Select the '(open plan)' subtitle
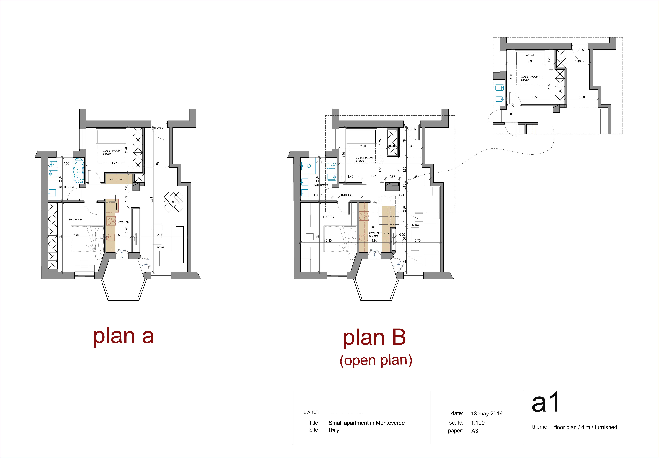pos(376,360)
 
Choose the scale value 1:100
pos(478,423)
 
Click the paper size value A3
pos(475,431)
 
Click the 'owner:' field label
pos(311,412)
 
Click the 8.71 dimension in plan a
pos(151,199)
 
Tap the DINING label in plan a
pos(174,202)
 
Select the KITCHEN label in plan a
pos(123,222)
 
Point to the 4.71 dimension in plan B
pos(401,195)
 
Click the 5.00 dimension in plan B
pos(380,162)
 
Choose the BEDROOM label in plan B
pos(328,217)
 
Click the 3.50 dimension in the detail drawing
pos(535,97)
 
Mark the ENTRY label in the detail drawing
pos(580,50)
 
